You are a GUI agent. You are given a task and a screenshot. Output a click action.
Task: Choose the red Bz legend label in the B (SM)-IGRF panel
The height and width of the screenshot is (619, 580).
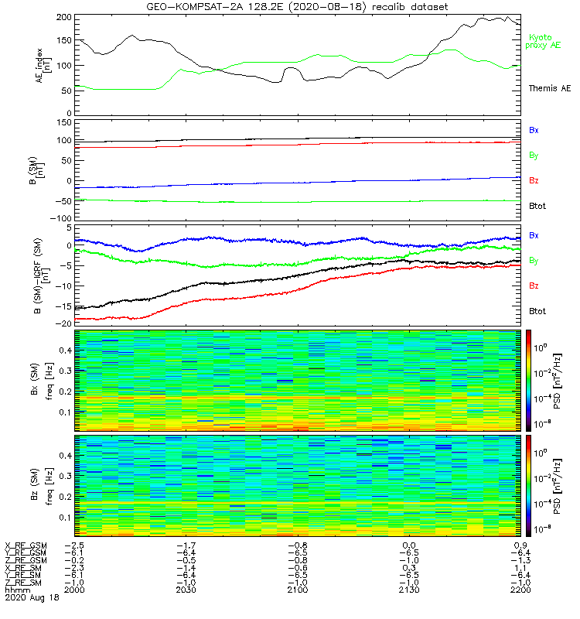coord(534,286)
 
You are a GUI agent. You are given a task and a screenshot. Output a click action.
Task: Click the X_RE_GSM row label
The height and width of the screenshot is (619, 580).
coord(26,546)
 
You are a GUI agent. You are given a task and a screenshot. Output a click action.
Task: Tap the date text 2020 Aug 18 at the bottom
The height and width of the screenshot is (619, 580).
coord(30,598)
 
